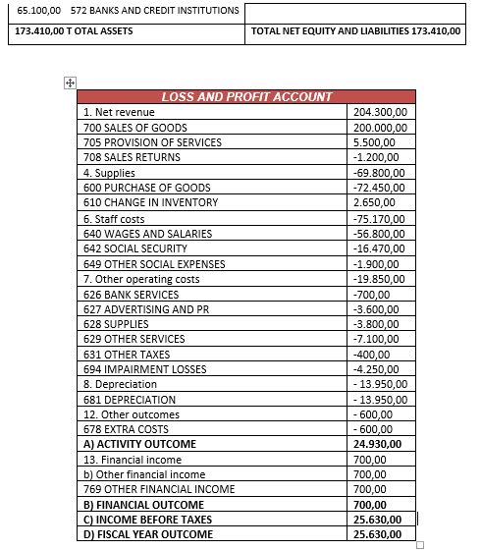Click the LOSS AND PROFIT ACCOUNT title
click(246, 97)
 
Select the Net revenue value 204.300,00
click(380, 113)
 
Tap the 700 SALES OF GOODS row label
click(135, 128)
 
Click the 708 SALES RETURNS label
click(132, 157)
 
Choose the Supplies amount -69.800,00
click(379, 173)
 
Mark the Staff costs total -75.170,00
click(379, 218)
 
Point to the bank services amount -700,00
click(371, 294)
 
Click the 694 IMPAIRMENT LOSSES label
click(144, 369)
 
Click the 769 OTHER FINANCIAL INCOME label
click(159, 489)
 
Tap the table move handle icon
click(70, 83)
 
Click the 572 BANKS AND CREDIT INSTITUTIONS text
click(154, 10)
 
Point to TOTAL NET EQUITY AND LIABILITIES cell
click(355, 31)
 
